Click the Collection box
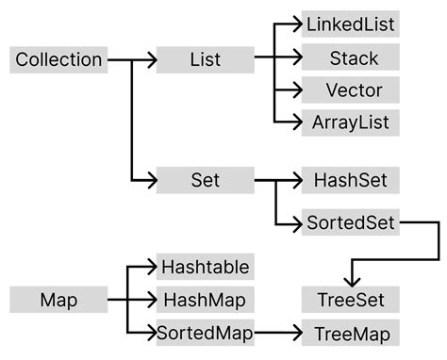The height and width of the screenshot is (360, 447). click(58, 60)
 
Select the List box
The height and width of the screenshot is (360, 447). click(205, 60)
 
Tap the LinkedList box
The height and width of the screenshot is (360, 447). click(350, 24)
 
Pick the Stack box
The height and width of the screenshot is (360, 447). click(350, 58)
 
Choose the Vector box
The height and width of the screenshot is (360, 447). click(350, 90)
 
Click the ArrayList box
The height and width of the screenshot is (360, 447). click(350, 123)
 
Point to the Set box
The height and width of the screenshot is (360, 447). click(205, 179)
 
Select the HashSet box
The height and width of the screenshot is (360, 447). click(350, 179)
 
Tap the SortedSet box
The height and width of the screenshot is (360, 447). click(350, 223)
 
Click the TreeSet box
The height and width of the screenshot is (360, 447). click(350, 301)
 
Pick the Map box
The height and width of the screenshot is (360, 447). click(58, 301)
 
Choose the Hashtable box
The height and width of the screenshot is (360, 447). click(205, 268)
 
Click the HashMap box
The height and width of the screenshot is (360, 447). click(205, 301)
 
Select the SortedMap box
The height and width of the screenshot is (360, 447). click(205, 333)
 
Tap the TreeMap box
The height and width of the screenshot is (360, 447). click(350, 333)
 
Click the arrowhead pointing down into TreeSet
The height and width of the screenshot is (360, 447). click(350, 280)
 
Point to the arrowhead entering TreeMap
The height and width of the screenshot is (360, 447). click(294, 333)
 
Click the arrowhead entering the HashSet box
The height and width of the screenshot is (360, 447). click(294, 179)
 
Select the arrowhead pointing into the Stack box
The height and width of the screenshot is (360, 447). click(294, 58)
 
